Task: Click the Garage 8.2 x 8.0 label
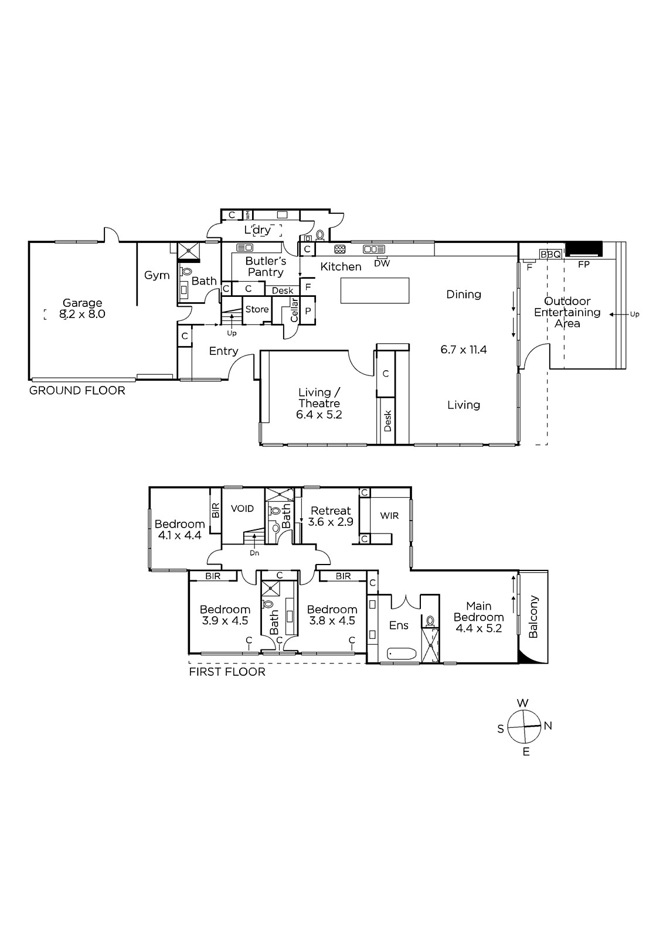(82, 308)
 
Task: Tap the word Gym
(157, 275)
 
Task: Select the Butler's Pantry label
(266, 266)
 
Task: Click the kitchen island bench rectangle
(375, 290)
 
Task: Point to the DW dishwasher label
(382, 264)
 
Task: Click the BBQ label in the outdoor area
(550, 254)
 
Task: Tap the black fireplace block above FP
(584, 249)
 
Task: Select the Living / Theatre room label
(319, 403)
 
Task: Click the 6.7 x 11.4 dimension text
(464, 350)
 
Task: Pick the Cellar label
(294, 310)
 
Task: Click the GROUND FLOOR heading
(77, 391)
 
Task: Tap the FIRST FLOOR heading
(227, 672)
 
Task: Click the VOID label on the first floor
(243, 509)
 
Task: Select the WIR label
(389, 516)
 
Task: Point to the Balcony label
(533, 617)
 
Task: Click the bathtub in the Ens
(402, 654)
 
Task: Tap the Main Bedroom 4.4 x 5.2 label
(479, 617)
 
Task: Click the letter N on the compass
(548, 726)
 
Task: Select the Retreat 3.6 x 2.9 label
(331, 516)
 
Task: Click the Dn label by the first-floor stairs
(254, 553)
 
